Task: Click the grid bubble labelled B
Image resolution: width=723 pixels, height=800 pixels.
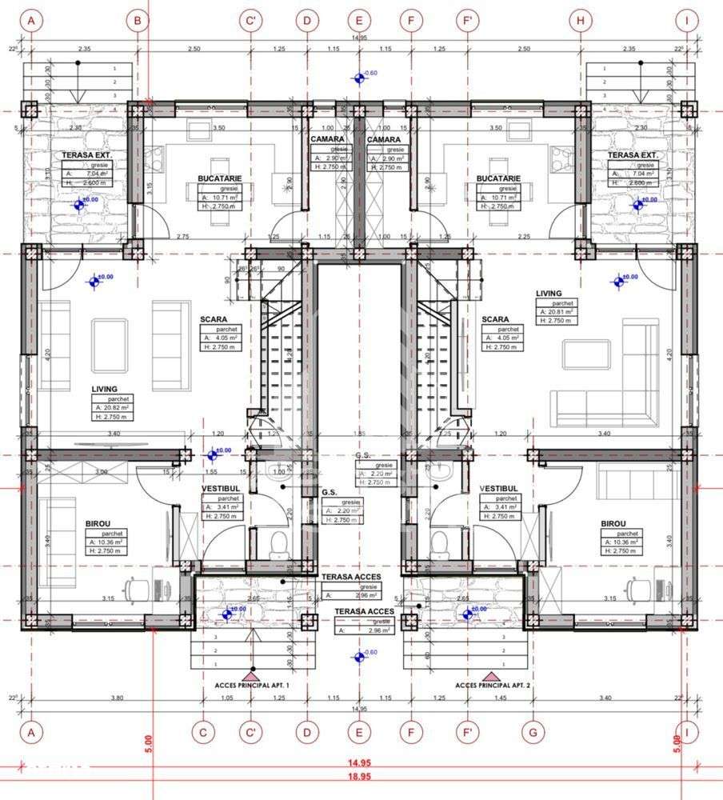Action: click(x=138, y=22)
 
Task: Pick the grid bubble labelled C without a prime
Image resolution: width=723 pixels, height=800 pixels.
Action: click(x=203, y=731)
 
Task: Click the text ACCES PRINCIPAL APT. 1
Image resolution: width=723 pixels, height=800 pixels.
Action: click(x=252, y=686)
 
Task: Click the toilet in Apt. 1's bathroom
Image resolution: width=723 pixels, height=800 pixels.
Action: click(x=278, y=545)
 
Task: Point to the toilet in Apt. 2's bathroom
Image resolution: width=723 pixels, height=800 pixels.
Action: click(x=439, y=545)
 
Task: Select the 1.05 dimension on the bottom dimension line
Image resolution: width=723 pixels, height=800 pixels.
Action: click(x=227, y=698)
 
